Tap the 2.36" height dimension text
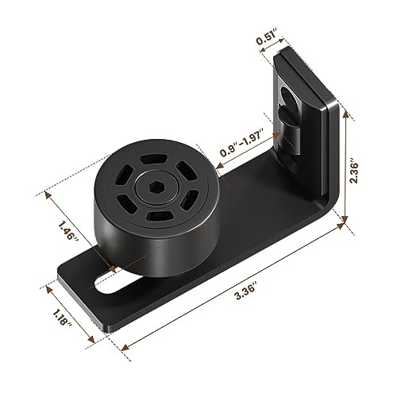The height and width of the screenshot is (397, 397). (x=353, y=171)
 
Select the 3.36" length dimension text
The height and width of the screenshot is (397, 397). (x=245, y=291)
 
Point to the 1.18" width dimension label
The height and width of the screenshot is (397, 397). (x=62, y=317)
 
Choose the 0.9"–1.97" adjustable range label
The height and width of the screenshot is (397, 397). (x=242, y=142)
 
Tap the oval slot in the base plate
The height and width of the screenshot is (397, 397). (x=109, y=285)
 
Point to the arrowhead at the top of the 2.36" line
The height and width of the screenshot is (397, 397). (x=345, y=114)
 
